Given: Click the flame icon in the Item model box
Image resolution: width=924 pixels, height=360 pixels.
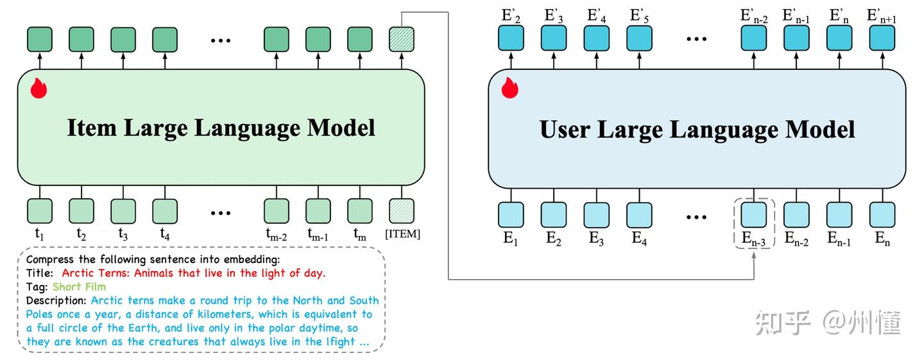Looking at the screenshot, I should [39, 88].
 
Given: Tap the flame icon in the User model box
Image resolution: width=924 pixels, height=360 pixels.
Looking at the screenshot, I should [509, 88].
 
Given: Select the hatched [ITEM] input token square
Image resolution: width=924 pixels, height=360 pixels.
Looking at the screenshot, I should [402, 210].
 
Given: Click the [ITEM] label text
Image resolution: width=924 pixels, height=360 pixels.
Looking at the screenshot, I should [402, 234].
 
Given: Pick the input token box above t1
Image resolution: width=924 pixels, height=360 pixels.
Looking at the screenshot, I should [40, 210].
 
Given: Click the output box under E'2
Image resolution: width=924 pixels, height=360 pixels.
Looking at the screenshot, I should [511, 39].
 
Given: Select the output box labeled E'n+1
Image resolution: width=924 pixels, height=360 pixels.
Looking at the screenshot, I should [882, 39].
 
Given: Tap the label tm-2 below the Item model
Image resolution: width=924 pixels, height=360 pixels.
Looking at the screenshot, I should [277, 236].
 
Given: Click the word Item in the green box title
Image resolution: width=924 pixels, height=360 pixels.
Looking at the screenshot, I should [91, 128].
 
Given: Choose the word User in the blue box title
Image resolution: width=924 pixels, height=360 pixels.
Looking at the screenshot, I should [565, 130].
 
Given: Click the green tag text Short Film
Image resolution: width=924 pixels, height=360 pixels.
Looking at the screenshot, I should [79, 286].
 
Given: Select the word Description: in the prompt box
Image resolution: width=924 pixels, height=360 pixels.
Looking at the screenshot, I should [56, 300].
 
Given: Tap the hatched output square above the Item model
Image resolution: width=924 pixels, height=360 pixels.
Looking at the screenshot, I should [402, 39].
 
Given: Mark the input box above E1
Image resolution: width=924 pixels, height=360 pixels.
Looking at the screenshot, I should [511, 215].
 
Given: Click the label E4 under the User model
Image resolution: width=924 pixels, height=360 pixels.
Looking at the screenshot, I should [638, 239].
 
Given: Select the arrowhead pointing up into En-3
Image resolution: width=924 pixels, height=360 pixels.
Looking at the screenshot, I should [753, 255].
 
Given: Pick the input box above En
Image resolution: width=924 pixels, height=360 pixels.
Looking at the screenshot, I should [882, 215].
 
